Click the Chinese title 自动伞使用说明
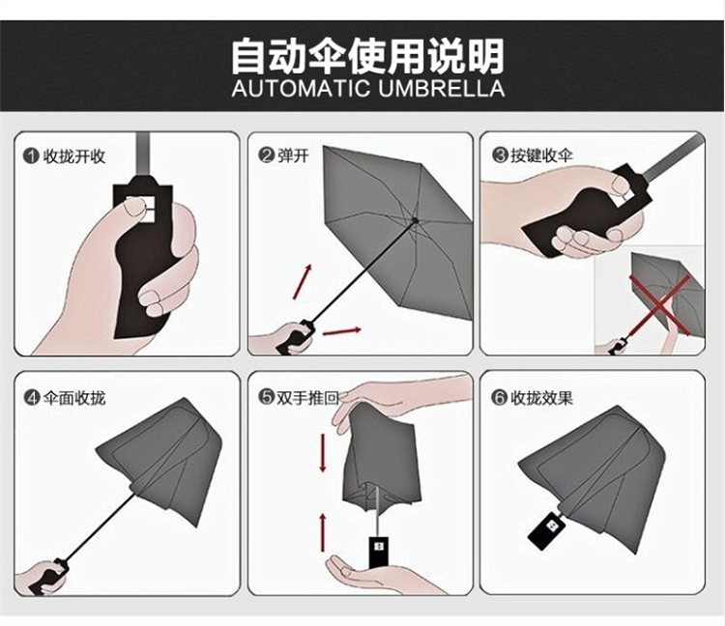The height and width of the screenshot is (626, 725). click(x=367, y=57)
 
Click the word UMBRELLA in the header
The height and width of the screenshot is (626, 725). click(x=442, y=88)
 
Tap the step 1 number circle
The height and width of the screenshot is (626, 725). click(x=31, y=156)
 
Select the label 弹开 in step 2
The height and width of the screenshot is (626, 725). click(x=294, y=156)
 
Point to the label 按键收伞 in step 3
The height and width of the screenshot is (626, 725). click(x=541, y=156)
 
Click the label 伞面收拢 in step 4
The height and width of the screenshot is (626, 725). click(x=74, y=397)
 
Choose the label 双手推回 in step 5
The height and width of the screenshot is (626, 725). click(x=308, y=397)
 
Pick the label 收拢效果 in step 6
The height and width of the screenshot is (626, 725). click(x=541, y=397)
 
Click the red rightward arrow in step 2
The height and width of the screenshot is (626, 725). click(x=341, y=330)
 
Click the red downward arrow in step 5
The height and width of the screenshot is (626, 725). click(x=323, y=454)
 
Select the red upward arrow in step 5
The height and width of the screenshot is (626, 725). click(x=323, y=531)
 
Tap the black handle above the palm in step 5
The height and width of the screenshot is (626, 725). click(x=378, y=553)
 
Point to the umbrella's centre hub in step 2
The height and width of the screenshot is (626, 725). click(x=415, y=220)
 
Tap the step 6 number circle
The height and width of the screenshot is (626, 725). click(x=499, y=397)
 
